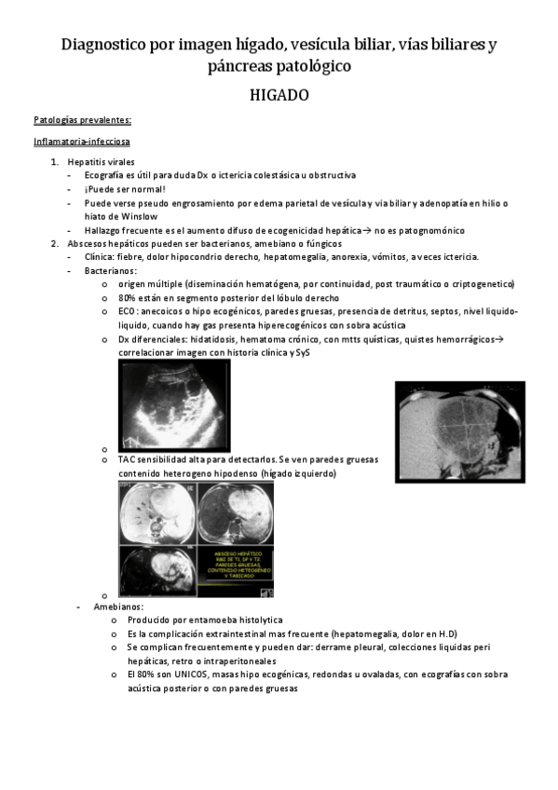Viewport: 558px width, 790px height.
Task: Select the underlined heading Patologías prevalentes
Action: [82, 120]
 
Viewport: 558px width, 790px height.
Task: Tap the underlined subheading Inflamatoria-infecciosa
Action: [81, 142]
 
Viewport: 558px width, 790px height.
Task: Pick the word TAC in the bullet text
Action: [128, 459]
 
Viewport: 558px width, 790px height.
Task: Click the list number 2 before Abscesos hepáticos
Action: [54, 243]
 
